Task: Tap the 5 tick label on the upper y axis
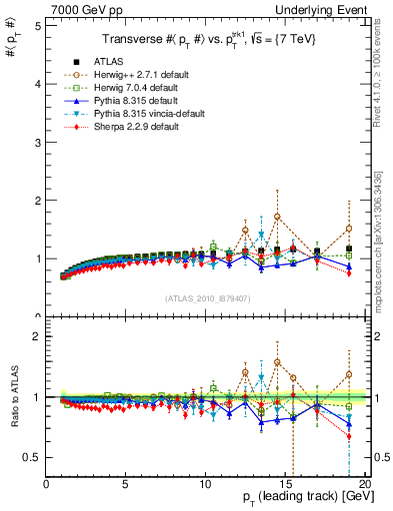[x=37, y=26]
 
